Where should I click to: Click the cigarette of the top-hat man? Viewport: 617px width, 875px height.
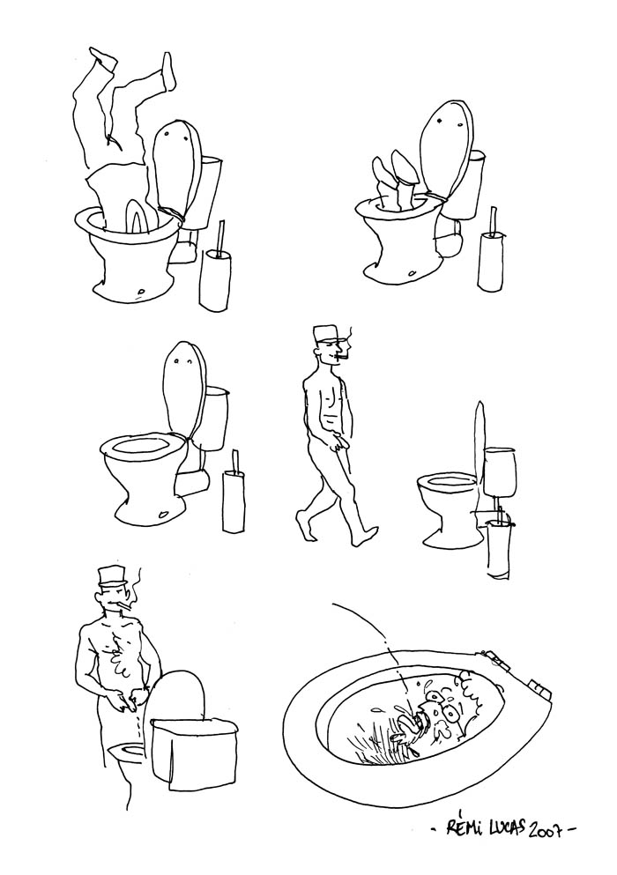(130, 606)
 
